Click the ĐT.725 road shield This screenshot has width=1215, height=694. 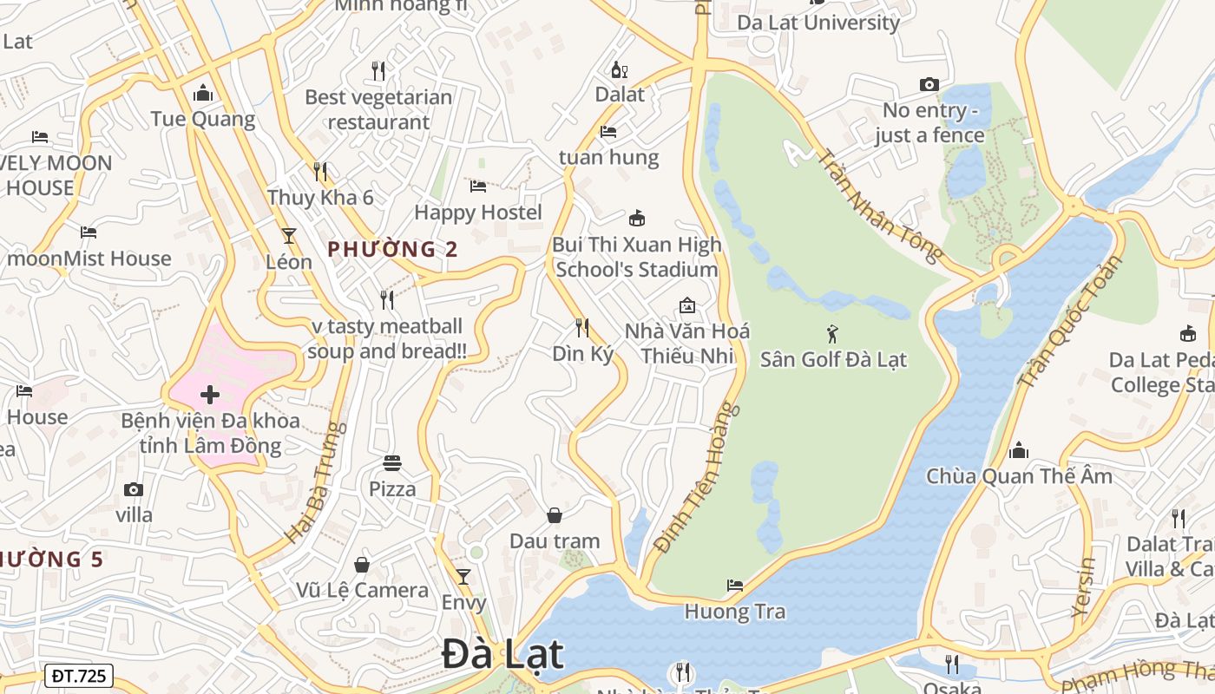click(x=78, y=676)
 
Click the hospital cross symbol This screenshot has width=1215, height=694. click(x=210, y=396)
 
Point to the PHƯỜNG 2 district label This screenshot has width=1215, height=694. click(x=392, y=250)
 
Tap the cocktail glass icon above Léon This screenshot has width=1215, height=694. click(x=288, y=236)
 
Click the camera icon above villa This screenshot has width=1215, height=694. click(x=133, y=489)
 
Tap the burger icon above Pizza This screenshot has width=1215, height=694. click(x=392, y=463)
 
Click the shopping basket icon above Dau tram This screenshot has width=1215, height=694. click(x=555, y=515)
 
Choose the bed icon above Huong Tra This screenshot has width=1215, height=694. click(x=735, y=586)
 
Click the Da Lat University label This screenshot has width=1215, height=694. click(x=818, y=23)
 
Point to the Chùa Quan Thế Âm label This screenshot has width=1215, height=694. click(x=1019, y=476)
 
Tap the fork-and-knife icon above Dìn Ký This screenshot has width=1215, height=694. click(x=582, y=328)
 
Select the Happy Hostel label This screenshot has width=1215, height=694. click(x=478, y=213)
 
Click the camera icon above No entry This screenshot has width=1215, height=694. click(x=929, y=85)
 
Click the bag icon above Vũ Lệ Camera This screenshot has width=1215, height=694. click(x=362, y=565)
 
